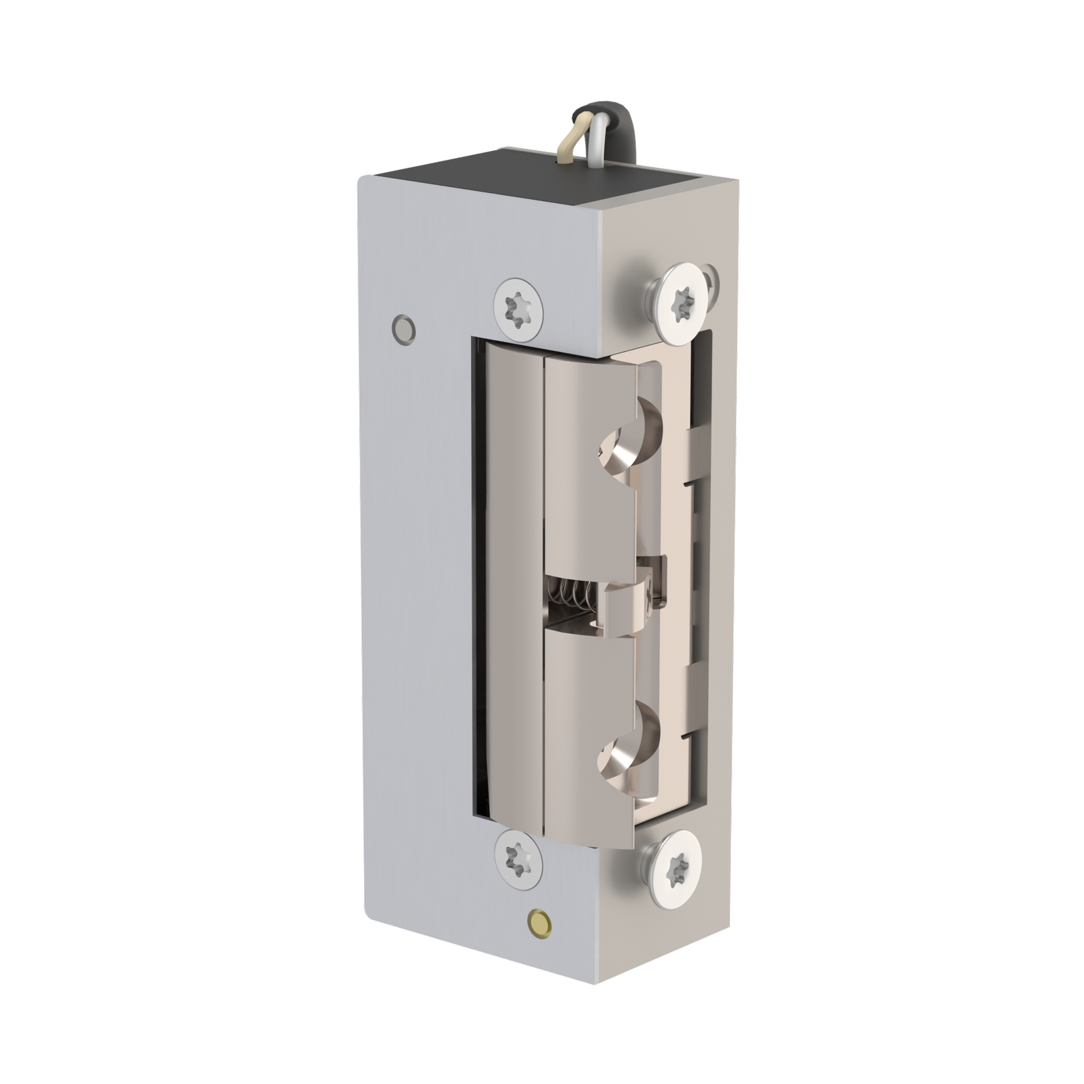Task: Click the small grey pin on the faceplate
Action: coord(404,327)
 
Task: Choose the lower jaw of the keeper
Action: coord(589,732)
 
